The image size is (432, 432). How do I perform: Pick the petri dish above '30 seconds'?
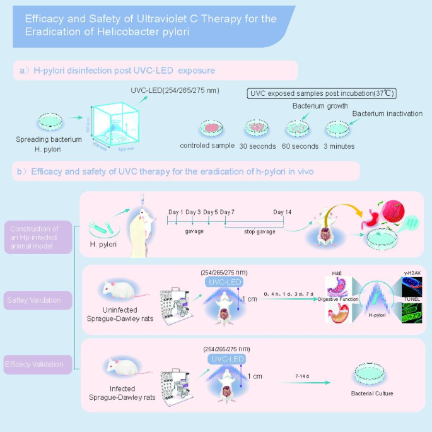click(x=257, y=127)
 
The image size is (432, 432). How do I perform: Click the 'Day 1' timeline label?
click(x=176, y=212)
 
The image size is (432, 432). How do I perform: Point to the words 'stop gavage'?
click(x=258, y=232)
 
